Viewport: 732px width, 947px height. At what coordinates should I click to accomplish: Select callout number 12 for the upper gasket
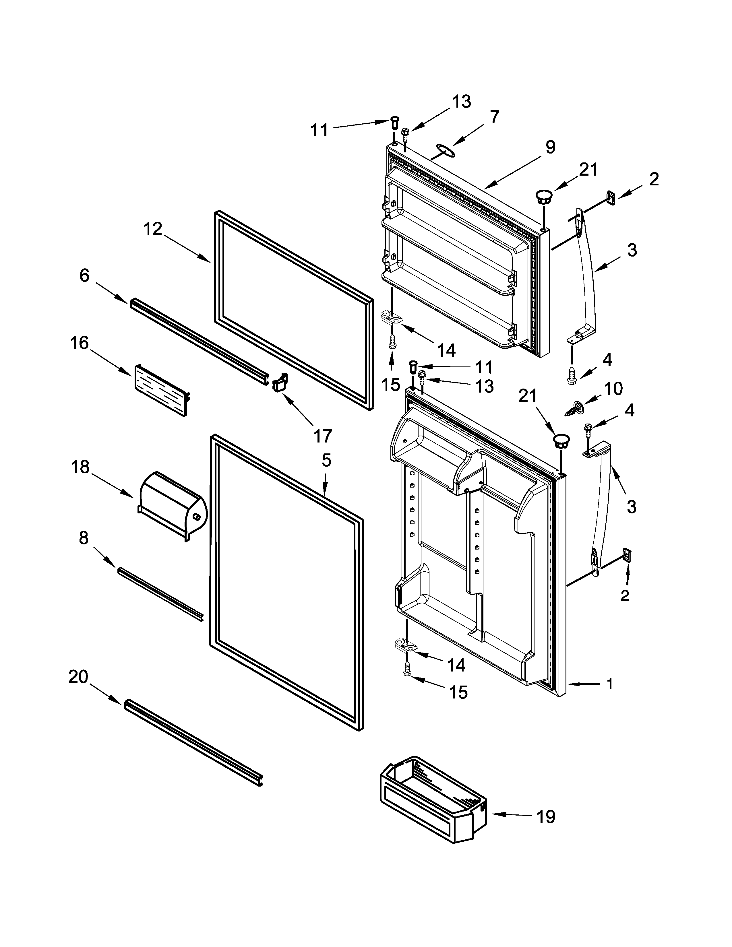coord(153,229)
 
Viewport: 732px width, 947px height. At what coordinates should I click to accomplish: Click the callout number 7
coord(494,117)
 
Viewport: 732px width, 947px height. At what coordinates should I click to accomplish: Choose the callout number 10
coord(613,388)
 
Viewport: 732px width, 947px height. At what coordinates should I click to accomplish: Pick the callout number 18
coord(80,467)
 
